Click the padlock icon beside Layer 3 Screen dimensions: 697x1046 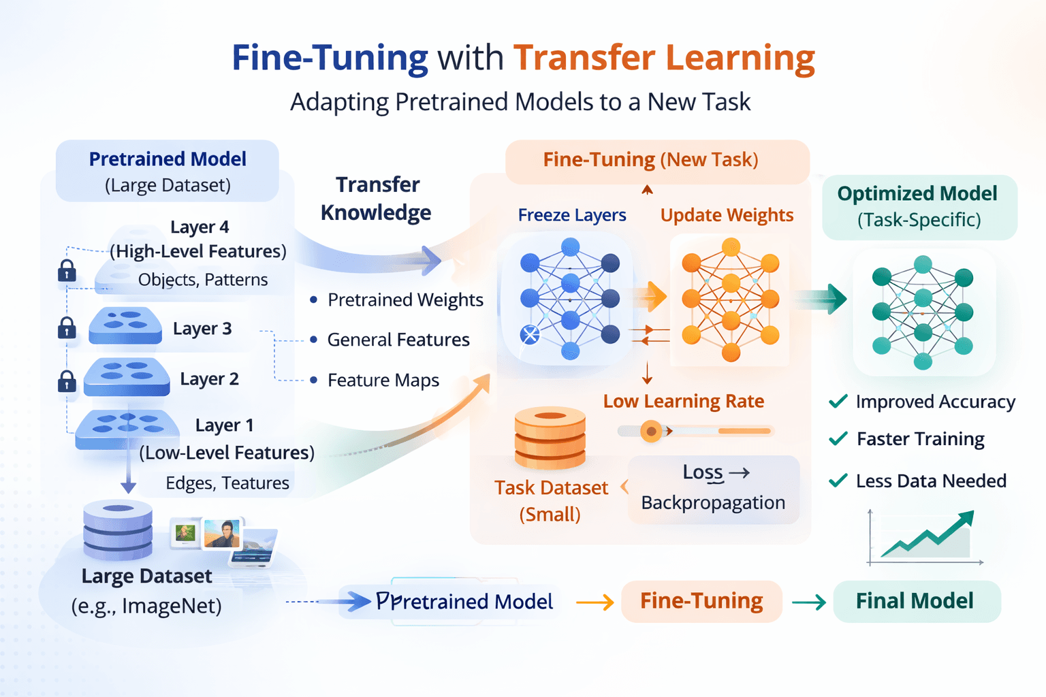(67, 328)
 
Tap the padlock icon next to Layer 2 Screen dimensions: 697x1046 (67, 381)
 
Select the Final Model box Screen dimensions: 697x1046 (916, 601)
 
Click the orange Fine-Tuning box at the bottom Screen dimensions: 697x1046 (701, 601)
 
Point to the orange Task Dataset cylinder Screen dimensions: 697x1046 (550, 438)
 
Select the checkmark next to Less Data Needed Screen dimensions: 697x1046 (838, 481)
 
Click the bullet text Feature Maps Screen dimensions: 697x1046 (383, 380)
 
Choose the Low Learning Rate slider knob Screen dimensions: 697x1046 (651, 431)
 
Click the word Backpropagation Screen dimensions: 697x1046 (713, 502)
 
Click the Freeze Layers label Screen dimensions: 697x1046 (571, 215)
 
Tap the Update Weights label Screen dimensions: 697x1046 (727, 215)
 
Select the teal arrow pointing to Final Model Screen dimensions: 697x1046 (809, 602)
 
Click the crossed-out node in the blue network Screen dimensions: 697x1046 (530, 334)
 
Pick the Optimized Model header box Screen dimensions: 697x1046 (919, 206)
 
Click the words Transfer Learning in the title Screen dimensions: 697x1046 (664, 57)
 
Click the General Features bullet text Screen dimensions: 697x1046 (398, 340)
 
